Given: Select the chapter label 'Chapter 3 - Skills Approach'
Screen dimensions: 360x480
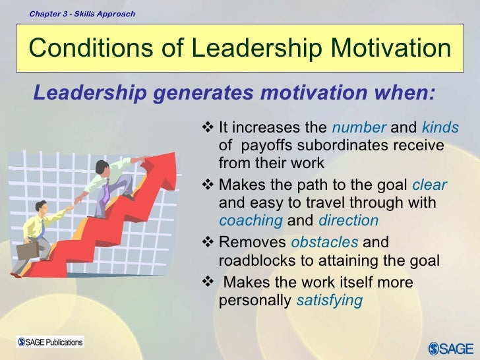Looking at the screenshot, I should [x=82, y=13].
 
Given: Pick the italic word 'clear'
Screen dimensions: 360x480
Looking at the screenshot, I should [x=429, y=185].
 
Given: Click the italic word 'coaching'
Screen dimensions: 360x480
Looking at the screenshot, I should [x=251, y=221].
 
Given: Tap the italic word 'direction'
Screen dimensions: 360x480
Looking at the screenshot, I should [x=348, y=221].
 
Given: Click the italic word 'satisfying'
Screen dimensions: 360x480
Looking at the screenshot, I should [x=329, y=300].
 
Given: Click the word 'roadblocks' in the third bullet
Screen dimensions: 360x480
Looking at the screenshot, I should [x=253, y=260].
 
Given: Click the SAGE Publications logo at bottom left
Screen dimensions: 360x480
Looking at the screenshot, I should [x=51, y=342].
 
